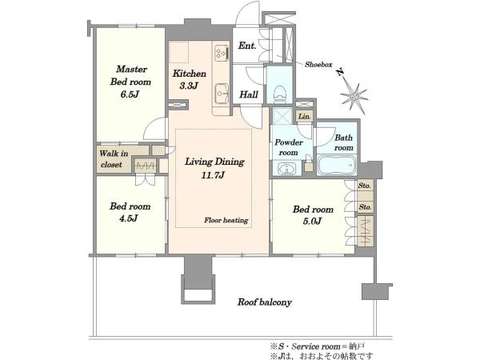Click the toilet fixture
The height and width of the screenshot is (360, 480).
click(x=279, y=92)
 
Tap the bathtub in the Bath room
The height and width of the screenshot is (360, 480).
click(x=337, y=166)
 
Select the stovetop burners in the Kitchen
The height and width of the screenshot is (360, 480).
click(x=222, y=53)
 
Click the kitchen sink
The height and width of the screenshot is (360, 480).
click(x=222, y=94)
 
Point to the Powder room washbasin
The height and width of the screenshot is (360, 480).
click(x=287, y=169)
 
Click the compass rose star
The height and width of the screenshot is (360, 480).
click(x=354, y=95)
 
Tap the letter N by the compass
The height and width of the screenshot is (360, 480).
click(x=339, y=73)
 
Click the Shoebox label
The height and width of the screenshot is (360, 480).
click(x=318, y=64)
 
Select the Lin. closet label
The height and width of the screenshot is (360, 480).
click(x=305, y=116)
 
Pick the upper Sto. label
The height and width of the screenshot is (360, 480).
click(x=365, y=186)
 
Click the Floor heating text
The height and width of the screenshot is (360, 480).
click(x=226, y=220)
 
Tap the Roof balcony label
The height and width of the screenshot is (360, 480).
click(x=265, y=302)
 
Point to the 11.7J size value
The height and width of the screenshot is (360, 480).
click(x=213, y=175)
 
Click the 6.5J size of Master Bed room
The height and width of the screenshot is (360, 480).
click(x=130, y=94)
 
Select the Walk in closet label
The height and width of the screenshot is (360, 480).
click(x=114, y=159)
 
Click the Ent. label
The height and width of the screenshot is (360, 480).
click(x=247, y=46)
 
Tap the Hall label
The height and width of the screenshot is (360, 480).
click(x=249, y=94)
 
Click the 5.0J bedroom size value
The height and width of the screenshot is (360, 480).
click(x=312, y=221)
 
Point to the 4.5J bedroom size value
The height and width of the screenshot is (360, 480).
click(x=129, y=218)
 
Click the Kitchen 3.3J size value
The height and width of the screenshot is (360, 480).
click(x=189, y=86)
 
